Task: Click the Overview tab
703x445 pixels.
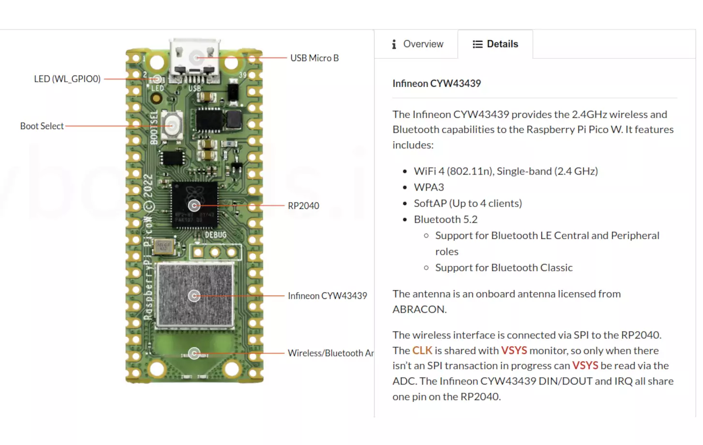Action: [417, 44]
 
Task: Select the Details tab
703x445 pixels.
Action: [495, 44]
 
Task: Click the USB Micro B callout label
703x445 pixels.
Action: [314, 58]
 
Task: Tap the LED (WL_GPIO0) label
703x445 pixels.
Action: [67, 79]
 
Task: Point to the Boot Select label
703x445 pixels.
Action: [42, 126]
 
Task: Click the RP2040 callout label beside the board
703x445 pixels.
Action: [303, 206]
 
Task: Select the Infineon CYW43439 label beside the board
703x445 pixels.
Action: [327, 296]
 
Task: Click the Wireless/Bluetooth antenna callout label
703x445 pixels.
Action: [330, 353]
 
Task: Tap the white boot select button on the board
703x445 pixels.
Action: [172, 125]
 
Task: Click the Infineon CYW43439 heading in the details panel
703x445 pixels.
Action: [436, 84]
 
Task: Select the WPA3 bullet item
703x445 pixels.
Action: [429, 187]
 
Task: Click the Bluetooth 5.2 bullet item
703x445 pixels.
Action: [446, 220]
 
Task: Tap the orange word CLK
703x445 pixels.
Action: [422, 350]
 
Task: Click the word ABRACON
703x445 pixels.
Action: [419, 310]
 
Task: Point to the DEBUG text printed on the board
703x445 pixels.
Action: [215, 235]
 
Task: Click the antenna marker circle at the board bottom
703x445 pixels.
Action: [194, 354]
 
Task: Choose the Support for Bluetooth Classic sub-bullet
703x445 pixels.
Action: [504, 267]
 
